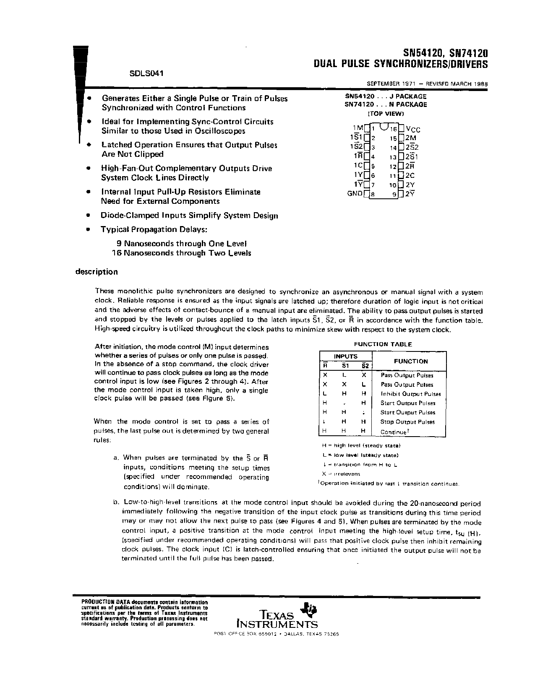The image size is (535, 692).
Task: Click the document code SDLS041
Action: pos(146,73)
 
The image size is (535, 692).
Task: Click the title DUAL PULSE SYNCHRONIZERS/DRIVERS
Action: pos(401,64)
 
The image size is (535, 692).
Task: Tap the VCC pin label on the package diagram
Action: pos(413,129)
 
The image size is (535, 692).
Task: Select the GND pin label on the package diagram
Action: pos(355,194)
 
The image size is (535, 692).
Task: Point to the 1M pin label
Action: pos(358,127)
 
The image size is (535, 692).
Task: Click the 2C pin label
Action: pos(410,176)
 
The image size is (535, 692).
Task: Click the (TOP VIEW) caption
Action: pos(386,114)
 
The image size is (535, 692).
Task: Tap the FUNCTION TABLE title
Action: pos(383,344)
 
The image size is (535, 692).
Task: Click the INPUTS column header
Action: pos(346,356)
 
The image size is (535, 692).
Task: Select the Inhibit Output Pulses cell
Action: pos(410,394)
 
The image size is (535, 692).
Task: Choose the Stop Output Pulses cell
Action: pos(407,422)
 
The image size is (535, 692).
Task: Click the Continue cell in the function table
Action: pos(394,432)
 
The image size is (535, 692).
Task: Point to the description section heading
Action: pos(97,272)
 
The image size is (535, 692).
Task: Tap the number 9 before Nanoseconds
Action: pos(119,244)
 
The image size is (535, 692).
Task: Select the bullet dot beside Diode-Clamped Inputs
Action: pos(88,216)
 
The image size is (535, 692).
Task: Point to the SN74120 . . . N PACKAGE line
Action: pos(386,104)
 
